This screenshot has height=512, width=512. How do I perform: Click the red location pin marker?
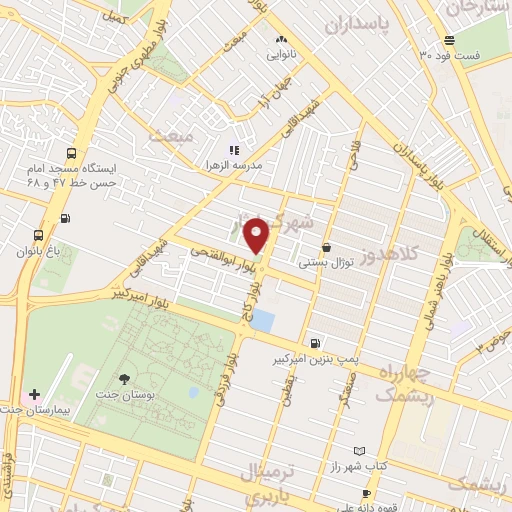pyautogui.click(x=257, y=235)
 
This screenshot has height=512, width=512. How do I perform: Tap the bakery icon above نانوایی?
pyautogui.click(x=281, y=40)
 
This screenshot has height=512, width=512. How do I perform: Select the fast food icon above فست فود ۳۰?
pyautogui.click(x=450, y=40)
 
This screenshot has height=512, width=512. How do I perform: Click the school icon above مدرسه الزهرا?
pyautogui.click(x=234, y=149)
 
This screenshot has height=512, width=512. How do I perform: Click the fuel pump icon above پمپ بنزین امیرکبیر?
pyautogui.click(x=316, y=342)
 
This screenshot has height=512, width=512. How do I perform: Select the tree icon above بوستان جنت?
pyautogui.click(x=124, y=378)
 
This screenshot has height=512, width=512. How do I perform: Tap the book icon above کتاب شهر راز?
pyautogui.click(x=360, y=452)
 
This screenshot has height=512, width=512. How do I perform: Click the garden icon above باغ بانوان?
pyautogui.click(x=37, y=235)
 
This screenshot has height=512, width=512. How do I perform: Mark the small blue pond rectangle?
pyautogui.click(x=263, y=320)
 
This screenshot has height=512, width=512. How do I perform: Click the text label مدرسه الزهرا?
pyautogui.click(x=234, y=163)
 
